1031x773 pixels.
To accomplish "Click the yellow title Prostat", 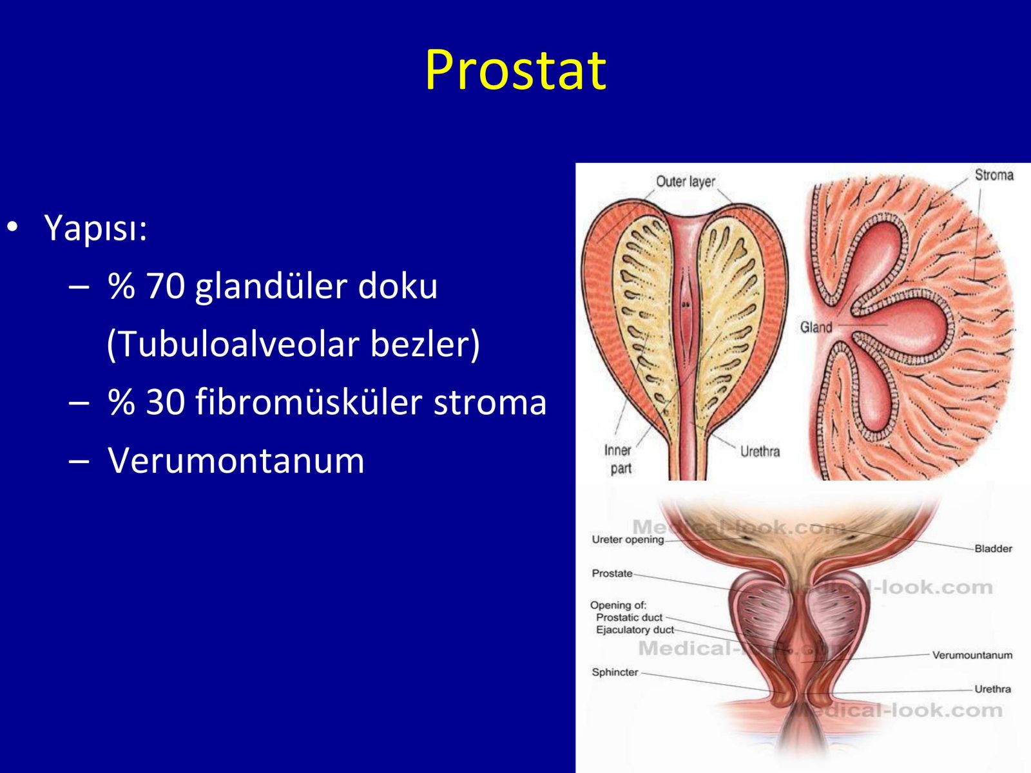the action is (x=515, y=70).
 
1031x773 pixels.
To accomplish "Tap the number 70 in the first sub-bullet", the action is (x=166, y=286).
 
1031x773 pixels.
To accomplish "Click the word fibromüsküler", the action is (x=308, y=401).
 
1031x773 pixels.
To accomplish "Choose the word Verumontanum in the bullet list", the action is (x=236, y=461).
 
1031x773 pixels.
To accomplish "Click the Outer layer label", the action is (x=686, y=182).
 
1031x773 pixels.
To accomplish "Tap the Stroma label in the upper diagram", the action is (x=994, y=175).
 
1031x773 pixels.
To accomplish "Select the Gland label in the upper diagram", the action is (x=816, y=327).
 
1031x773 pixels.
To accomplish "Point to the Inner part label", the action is (x=619, y=459).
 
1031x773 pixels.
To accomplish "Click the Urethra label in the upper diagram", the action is (x=760, y=452).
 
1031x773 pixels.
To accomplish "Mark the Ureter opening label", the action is (x=628, y=540).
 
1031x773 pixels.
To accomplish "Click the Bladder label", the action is (x=993, y=548).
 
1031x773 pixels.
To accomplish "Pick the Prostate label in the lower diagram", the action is (x=612, y=573).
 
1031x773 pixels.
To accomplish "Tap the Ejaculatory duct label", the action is (x=635, y=630).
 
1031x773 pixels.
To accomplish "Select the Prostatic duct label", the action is (x=630, y=617).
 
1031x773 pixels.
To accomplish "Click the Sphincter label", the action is (x=615, y=672).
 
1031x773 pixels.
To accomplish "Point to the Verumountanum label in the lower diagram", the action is (x=972, y=654).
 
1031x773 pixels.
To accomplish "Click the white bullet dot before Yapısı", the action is (x=13, y=227).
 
